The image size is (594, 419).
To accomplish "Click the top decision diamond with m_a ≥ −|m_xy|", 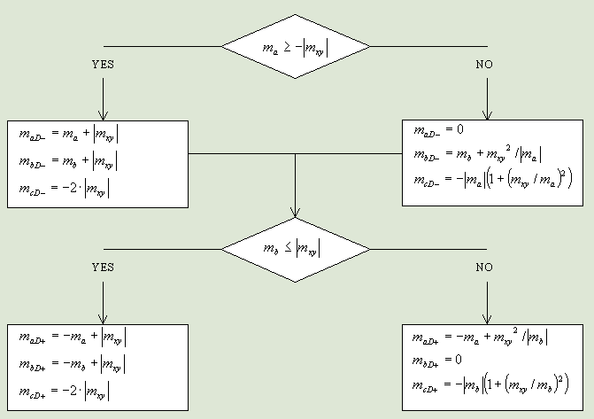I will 295,46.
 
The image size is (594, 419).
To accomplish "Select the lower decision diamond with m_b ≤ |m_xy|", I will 295,250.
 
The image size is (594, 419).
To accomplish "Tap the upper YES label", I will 104,65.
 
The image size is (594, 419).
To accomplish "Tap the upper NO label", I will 484,65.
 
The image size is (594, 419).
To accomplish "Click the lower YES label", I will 104,267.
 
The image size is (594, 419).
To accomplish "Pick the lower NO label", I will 484,267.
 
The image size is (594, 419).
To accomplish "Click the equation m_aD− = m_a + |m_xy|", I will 69,135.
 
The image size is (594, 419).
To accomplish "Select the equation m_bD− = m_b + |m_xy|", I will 69,161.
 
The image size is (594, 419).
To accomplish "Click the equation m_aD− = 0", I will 439,130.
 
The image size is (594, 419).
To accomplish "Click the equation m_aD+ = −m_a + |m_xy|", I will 73,337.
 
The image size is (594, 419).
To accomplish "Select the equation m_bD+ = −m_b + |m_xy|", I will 73,364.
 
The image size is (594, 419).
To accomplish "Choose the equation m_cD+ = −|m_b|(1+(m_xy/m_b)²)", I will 490,386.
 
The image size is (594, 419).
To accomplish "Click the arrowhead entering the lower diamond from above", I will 295,213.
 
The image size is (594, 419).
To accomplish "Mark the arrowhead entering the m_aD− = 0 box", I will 485,115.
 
